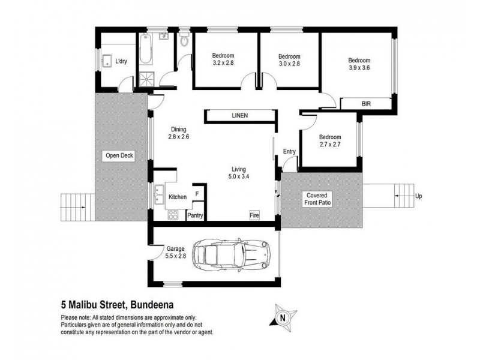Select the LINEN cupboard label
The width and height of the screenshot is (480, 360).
(x=240, y=116)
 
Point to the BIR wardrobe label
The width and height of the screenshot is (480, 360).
(x=366, y=104)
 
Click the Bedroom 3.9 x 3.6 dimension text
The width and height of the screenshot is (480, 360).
(x=359, y=68)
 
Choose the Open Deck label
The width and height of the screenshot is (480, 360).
(x=119, y=156)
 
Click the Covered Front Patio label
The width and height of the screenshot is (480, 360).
(x=319, y=200)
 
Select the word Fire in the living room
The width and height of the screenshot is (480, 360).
(x=256, y=215)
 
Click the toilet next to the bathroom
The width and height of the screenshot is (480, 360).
(x=184, y=42)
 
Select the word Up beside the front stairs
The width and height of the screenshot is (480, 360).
(x=418, y=196)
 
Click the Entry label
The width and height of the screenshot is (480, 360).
(x=289, y=151)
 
